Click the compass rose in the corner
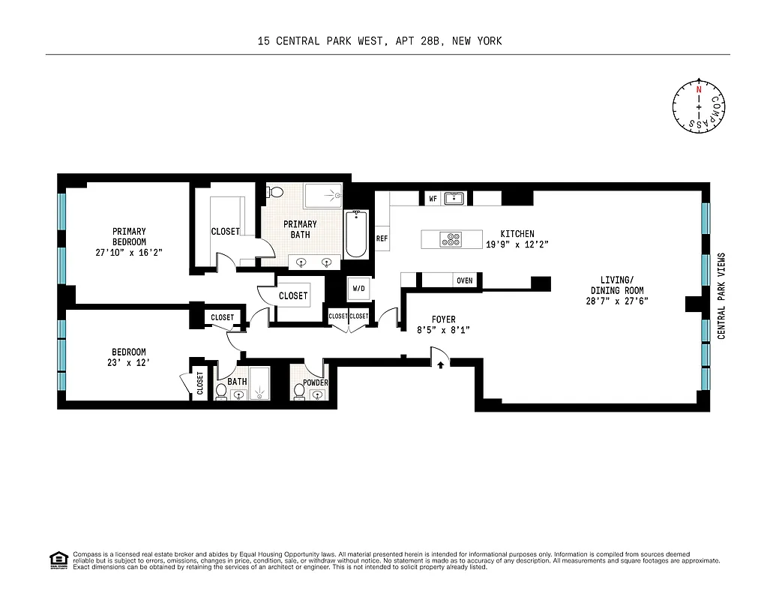[699, 108]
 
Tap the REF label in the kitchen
[382, 238]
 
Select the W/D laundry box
[358, 289]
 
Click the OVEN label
[464, 280]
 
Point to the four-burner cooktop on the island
[451, 240]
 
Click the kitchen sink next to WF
[454, 199]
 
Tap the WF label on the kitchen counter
[433, 199]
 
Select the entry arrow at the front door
[440, 364]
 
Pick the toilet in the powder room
[300, 391]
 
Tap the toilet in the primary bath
[274, 192]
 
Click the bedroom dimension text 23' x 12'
[129, 365]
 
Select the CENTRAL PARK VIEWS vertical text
[721, 295]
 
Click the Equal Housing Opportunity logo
[57, 559]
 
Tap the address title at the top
[379, 41]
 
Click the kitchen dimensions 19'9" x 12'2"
[518, 244]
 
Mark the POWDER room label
[316, 382]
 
